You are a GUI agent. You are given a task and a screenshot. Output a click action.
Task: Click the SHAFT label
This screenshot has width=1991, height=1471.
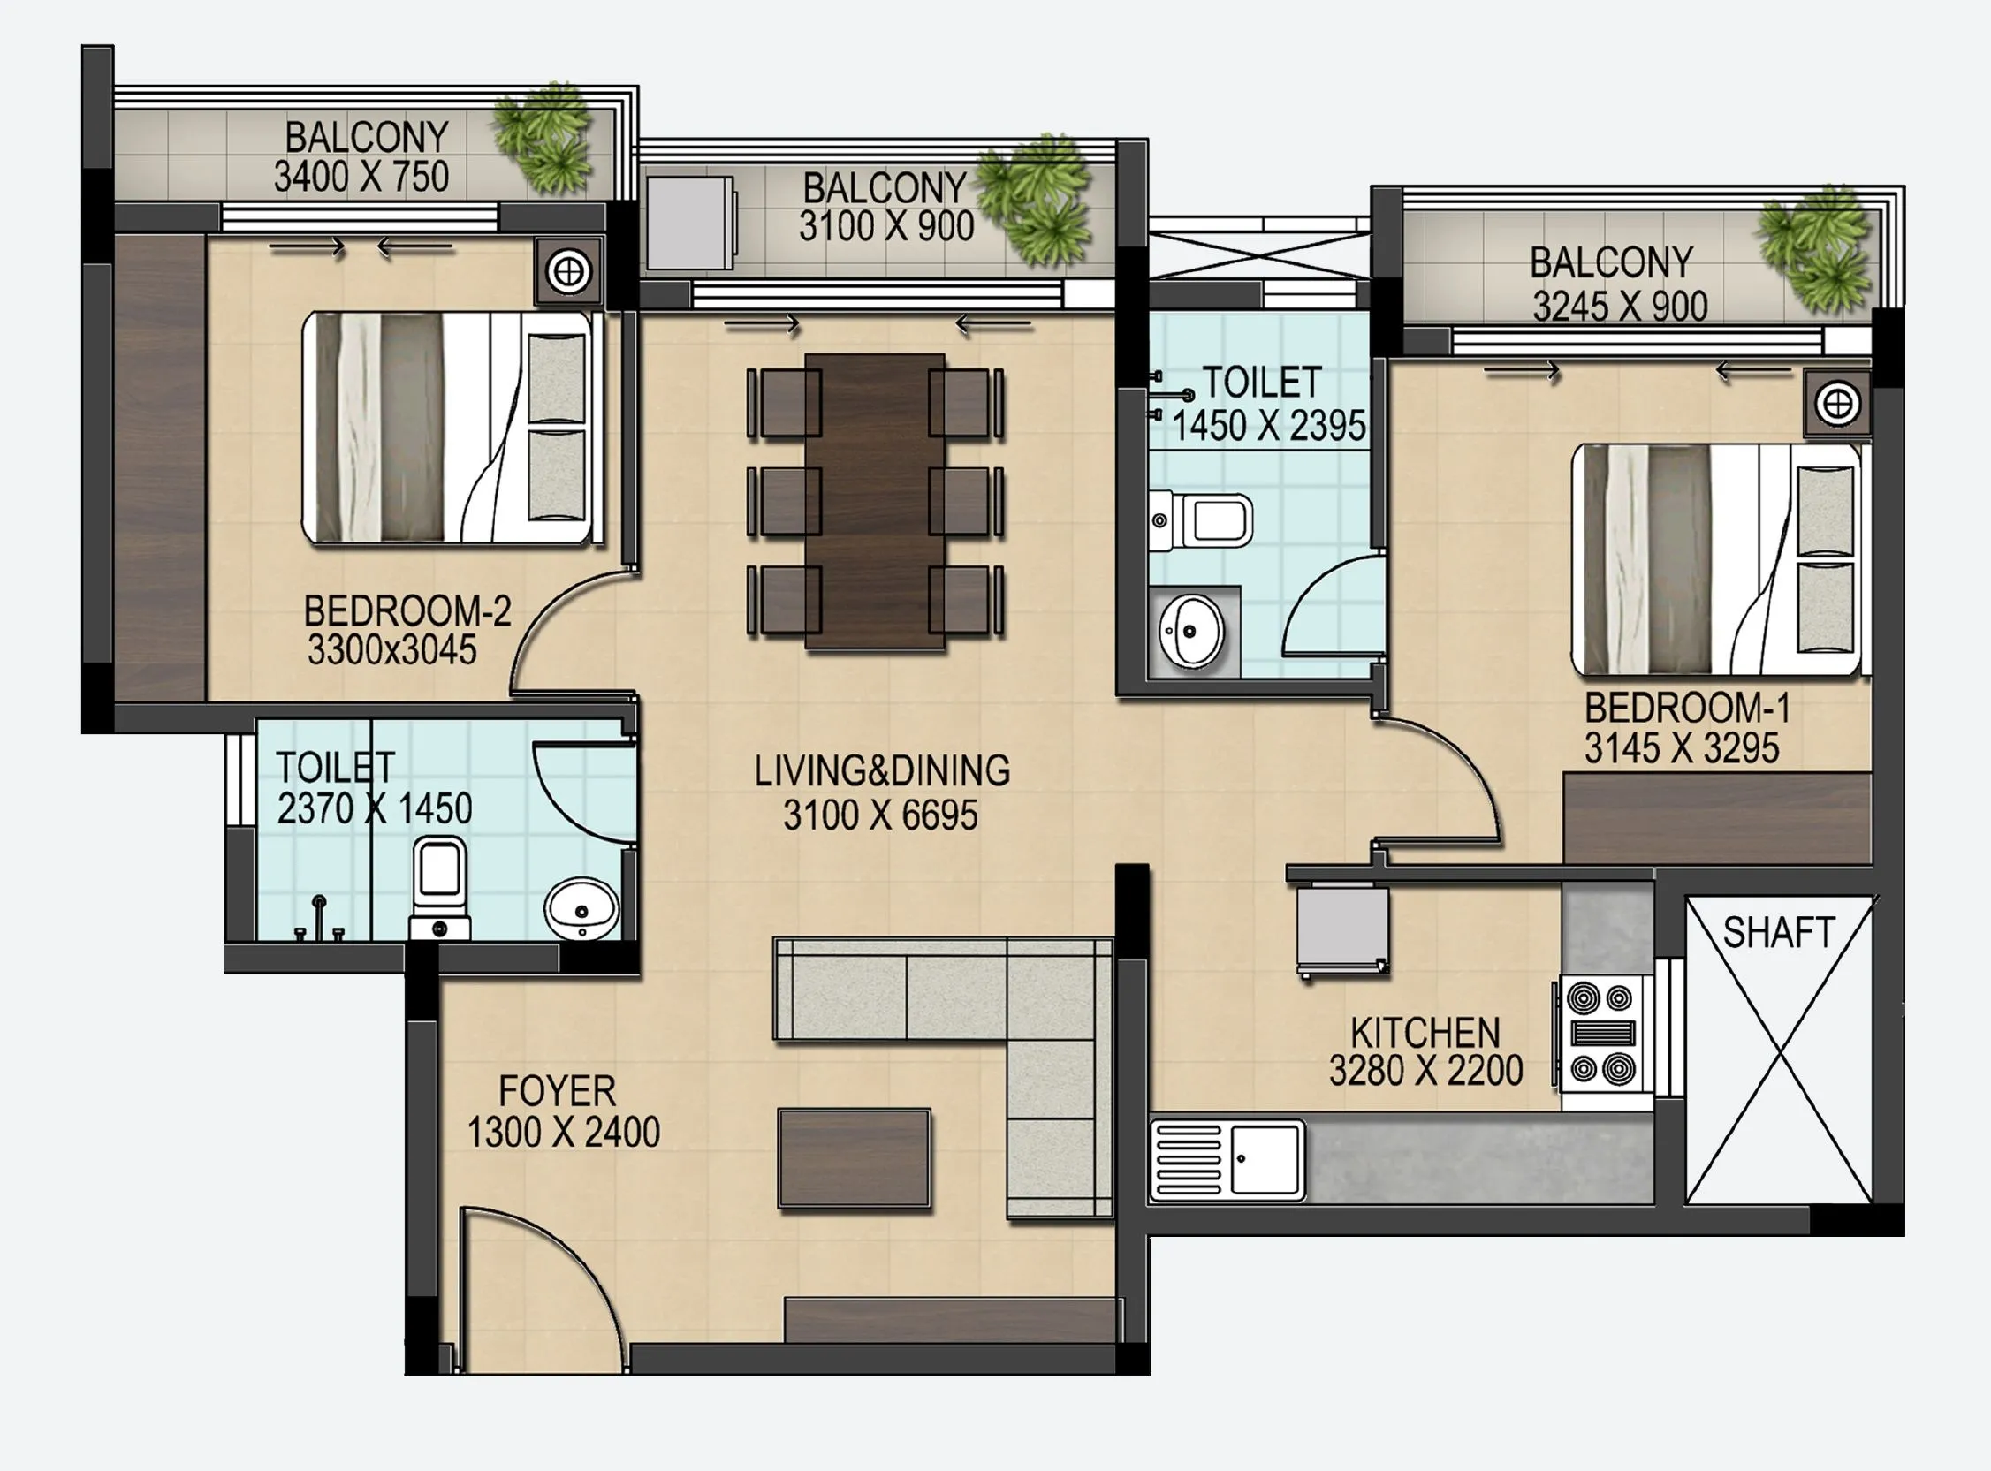(x=1778, y=933)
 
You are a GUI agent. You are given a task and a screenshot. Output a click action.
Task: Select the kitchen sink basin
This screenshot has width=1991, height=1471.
(x=1265, y=1158)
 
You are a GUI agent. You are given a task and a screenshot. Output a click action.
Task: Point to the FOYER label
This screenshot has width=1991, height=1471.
(x=557, y=1092)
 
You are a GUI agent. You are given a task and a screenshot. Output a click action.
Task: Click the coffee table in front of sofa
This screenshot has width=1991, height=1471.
(x=854, y=1157)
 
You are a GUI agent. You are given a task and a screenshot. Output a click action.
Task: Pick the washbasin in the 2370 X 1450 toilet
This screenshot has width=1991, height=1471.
(x=581, y=908)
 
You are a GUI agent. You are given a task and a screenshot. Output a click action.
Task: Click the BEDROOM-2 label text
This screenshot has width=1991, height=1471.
(x=407, y=611)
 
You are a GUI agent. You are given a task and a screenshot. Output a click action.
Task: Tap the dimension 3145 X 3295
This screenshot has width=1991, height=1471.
(x=1681, y=749)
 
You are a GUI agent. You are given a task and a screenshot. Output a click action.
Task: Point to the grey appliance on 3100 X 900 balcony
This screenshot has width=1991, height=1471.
(x=690, y=223)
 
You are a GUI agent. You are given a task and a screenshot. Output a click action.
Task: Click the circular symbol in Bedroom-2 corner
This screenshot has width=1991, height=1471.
(x=568, y=269)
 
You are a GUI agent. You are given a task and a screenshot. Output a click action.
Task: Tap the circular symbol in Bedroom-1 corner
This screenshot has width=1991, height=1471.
(x=1837, y=405)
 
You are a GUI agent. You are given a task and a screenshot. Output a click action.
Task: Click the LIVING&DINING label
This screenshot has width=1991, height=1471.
(x=882, y=771)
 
